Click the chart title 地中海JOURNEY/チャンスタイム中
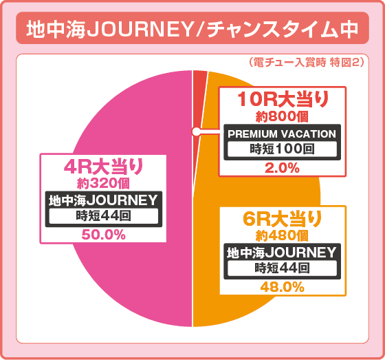tap(192, 30)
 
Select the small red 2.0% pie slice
tap(200, 79)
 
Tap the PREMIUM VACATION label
tap(282, 134)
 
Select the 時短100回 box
tap(282, 148)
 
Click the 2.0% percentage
tap(282, 167)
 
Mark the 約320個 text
tap(103, 183)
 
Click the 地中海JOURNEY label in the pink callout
tap(103, 200)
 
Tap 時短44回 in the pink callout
tap(103, 215)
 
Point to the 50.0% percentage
tap(103, 235)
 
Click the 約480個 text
tap(283, 236)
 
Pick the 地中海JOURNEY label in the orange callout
tap(283, 253)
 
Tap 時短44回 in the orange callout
tap(283, 268)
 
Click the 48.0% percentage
tap(283, 287)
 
